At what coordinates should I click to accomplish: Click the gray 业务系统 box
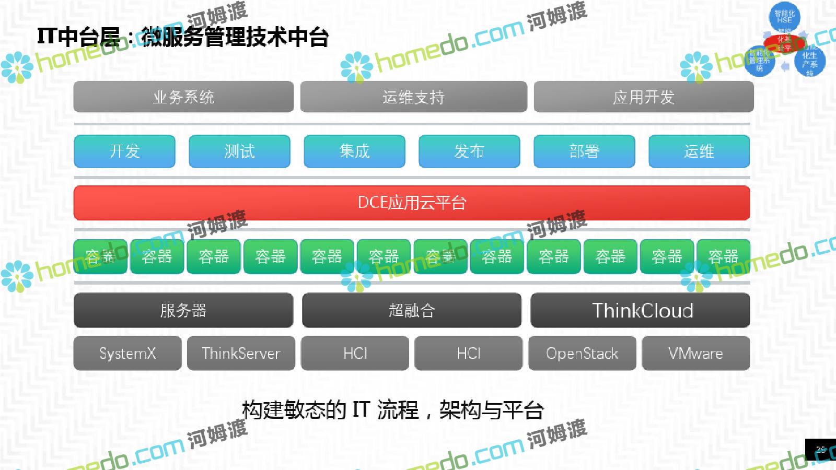click(x=183, y=97)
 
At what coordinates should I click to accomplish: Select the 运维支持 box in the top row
click(x=413, y=97)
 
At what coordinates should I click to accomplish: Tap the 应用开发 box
click(x=643, y=97)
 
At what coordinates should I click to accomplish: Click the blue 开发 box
click(x=124, y=151)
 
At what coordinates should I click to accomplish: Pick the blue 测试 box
click(x=239, y=151)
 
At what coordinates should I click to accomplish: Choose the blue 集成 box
click(x=354, y=151)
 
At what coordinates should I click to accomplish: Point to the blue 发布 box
click(x=469, y=151)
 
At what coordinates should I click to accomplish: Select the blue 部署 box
click(x=584, y=151)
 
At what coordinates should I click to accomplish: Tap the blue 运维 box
click(x=699, y=151)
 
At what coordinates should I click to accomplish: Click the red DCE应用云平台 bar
click(x=412, y=203)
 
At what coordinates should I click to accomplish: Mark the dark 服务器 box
click(x=183, y=310)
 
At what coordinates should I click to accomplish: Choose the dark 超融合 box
click(x=412, y=310)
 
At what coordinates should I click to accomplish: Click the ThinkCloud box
click(x=641, y=310)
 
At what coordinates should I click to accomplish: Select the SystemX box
click(x=127, y=354)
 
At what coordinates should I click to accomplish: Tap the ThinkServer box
click(x=241, y=354)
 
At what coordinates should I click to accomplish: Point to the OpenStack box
click(x=582, y=354)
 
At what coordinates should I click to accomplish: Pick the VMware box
click(x=695, y=354)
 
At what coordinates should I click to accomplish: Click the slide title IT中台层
click(x=183, y=37)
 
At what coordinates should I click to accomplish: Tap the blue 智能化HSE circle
click(x=784, y=16)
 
